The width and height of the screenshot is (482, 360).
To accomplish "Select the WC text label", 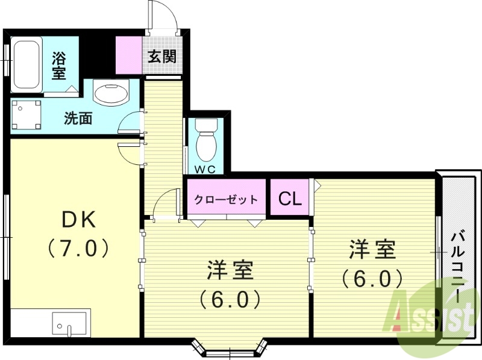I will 205,169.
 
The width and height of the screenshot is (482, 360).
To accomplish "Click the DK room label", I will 80,221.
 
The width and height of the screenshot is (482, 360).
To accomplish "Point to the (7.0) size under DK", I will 80,248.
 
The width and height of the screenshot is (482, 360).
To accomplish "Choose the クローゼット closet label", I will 226,199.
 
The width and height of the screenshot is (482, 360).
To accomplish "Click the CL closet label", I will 289,199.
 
